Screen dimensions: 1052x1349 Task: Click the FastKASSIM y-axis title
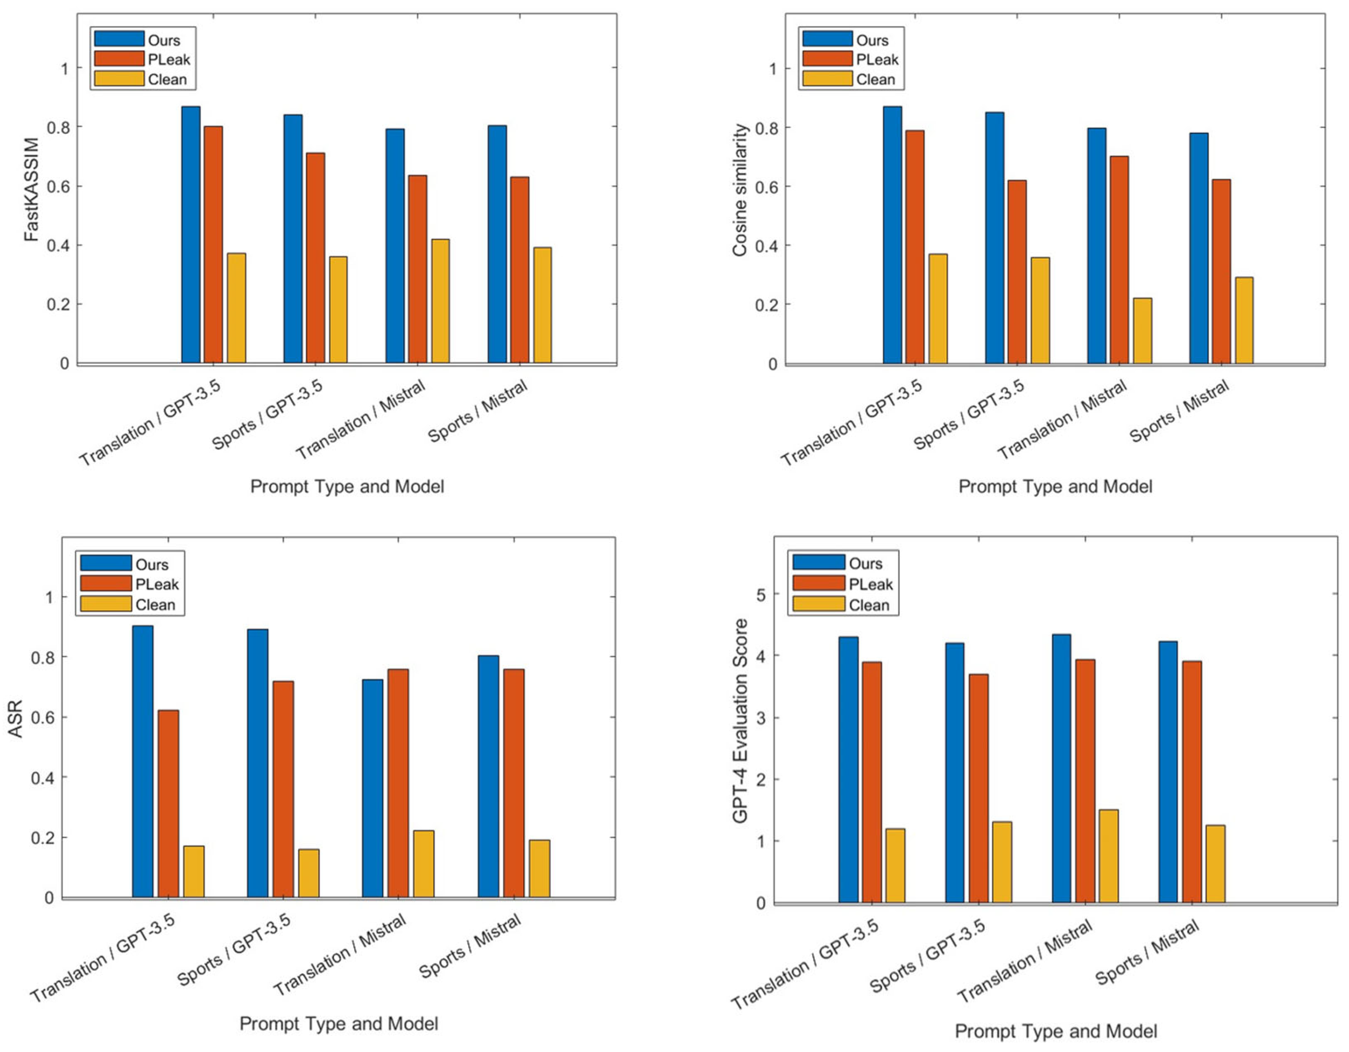[x=31, y=189]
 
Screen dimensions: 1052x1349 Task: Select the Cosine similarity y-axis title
[x=740, y=189]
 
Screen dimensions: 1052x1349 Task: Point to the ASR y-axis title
[x=15, y=718]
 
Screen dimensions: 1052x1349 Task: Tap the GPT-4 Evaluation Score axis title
[x=740, y=721]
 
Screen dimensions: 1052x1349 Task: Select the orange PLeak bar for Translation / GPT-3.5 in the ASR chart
[x=168, y=804]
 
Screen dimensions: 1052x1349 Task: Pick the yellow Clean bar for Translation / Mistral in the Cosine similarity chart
[x=1142, y=331]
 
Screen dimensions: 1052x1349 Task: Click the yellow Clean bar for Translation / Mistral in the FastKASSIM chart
[x=440, y=301]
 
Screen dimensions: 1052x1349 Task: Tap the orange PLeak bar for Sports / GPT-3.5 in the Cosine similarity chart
[x=1017, y=272]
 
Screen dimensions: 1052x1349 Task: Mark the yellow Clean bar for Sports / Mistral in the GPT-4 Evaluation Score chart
[x=1215, y=863]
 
